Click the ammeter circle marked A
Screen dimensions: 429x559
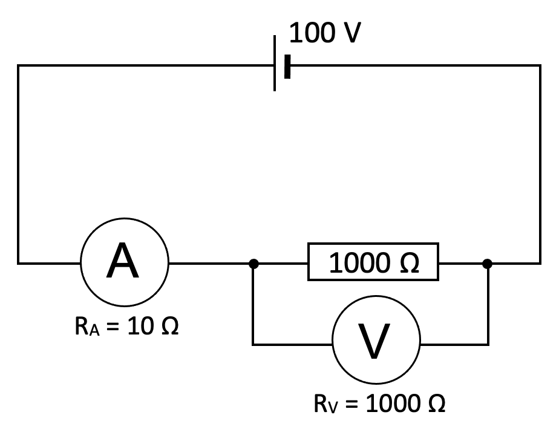pyautogui.click(x=125, y=264)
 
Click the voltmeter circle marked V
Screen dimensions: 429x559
pyautogui.click(x=376, y=345)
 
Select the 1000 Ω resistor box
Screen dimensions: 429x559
pyautogui.click(x=374, y=263)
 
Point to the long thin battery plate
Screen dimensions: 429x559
pyautogui.click(x=275, y=64)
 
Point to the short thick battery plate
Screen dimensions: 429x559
pyautogui.click(x=287, y=66)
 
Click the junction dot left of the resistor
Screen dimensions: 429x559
pyautogui.click(x=253, y=264)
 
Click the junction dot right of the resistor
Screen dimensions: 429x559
pyautogui.click(x=488, y=264)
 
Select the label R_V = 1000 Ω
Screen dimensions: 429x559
pyautogui.click(x=379, y=403)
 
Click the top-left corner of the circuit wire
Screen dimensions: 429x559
pyautogui.click(x=18, y=65)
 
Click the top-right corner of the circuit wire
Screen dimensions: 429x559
pyautogui.click(x=540, y=65)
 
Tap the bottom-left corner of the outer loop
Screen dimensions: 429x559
pyautogui.click(x=18, y=264)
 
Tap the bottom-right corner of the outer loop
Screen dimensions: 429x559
pyautogui.click(x=540, y=264)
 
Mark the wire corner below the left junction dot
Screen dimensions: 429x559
pyautogui.click(x=253, y=345)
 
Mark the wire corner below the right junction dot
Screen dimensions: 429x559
pyautogui.click(x=488, y=345)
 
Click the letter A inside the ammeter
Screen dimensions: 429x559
pyautogui.click(x=123, y=263)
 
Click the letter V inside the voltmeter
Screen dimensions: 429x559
pyautogui.click(x=375, y=344)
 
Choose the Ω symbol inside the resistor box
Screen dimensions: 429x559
pyautogui.click(x=408, y=264)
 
